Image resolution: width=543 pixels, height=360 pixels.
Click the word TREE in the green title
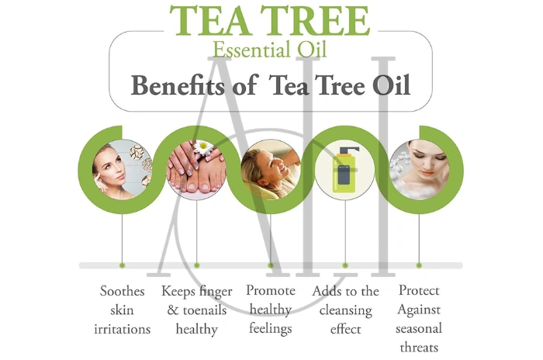coord(315,21)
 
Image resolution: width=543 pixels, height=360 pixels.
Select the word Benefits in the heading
coord(182,85)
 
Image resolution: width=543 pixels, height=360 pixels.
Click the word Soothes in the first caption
coord(123,292)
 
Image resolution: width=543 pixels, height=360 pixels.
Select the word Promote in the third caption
coord(270,291)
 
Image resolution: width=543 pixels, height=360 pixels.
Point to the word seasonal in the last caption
coord(419,328)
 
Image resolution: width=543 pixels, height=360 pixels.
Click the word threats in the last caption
coord(419,347)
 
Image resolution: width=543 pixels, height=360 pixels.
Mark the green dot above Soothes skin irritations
coord(123,265)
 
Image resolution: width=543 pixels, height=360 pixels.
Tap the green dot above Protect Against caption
coord(419,265)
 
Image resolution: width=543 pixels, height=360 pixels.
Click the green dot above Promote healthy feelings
coord(271,265)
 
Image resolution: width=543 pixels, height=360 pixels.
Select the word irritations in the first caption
coord(123,329)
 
